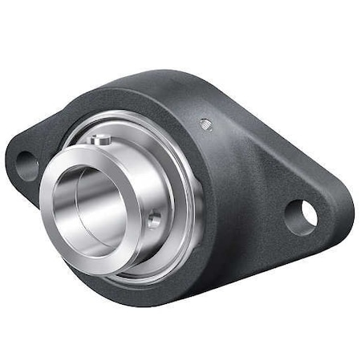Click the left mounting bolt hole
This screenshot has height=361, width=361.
[26, 165]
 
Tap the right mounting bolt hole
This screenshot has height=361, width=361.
[302, 217]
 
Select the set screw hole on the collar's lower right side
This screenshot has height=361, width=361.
[152, 218]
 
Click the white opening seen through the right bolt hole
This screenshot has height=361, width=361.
[307, 213]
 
